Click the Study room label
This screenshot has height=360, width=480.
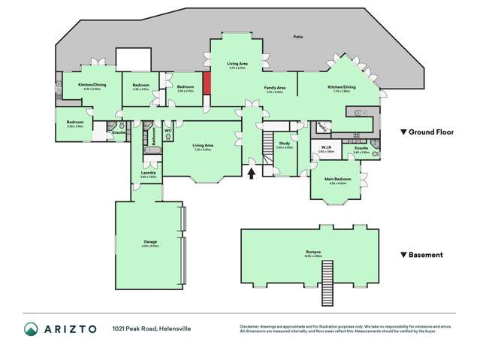[x=284, y=143]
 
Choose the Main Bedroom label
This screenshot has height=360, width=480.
[x=336, y=179]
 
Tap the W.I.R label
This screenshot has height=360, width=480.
[x=326, y=147]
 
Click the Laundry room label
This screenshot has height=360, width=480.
[x=148, y=172]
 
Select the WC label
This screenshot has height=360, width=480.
[x=168, y=131]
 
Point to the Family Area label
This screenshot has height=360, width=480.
[x=275, y=88]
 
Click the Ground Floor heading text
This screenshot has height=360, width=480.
[x=431, y=132]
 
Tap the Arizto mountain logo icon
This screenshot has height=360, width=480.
[x=32, y=328]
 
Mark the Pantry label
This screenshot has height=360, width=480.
[x=322, y=127]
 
